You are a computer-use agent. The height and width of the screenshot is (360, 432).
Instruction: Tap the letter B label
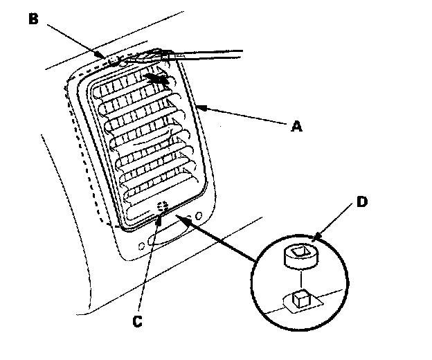pos(33,18)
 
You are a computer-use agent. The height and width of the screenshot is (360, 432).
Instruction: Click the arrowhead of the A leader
pos(200,106)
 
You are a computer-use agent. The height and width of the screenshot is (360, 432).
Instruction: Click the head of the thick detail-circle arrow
pos(179,218)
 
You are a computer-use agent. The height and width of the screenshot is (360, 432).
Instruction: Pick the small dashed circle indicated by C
pos(163,206)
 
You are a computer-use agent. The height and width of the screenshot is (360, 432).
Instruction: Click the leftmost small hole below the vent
pos(141,244)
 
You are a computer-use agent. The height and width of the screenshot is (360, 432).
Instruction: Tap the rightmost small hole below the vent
pos(199,217)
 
